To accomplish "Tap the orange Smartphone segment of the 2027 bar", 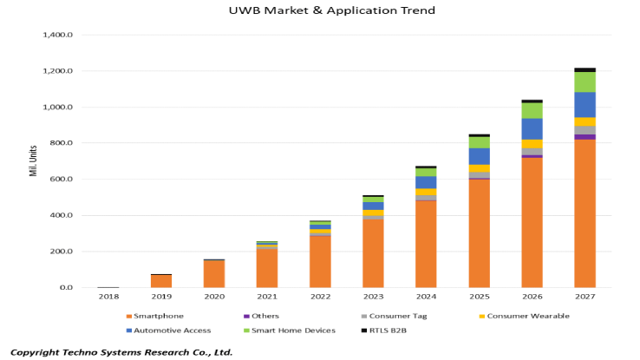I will (584, 213).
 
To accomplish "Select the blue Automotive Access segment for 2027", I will (584, 104).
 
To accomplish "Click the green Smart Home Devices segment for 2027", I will (584, 82).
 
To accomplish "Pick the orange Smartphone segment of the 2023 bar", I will (373, 252).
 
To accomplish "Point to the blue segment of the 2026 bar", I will (532, 128).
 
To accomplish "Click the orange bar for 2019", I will (160, 280).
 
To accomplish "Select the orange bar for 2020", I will (213, 273).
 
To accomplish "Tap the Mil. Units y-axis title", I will (32, 161).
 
